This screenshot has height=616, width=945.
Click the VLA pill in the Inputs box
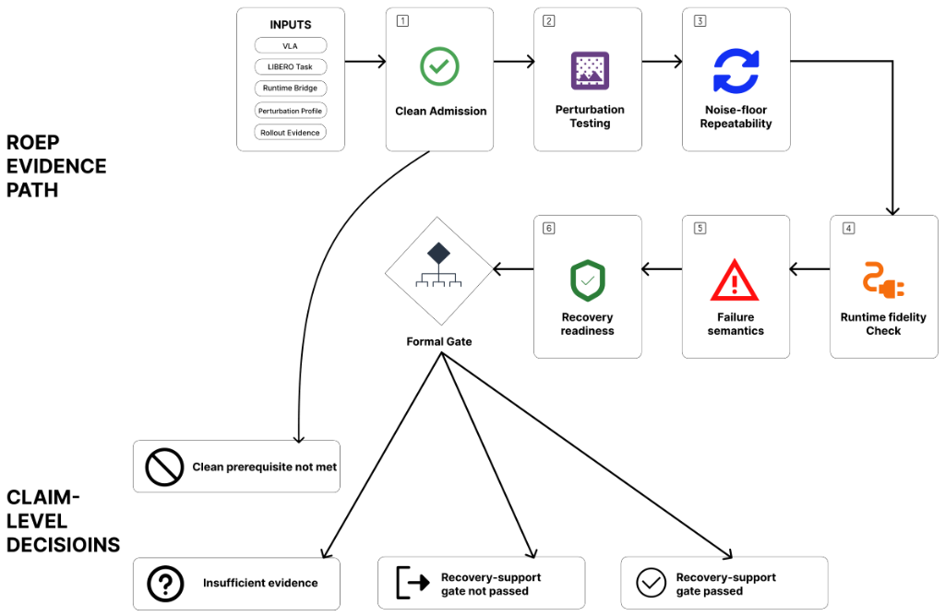[x=291, y=46]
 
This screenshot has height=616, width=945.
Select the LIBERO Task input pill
[x=291, y=66]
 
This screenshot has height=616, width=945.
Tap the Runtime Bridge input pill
[x=291, y=88]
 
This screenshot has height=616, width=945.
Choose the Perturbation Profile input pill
[x=291, y=111]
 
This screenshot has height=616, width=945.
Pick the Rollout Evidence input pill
[x=291, y=133]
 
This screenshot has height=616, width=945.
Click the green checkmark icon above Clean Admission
[x=439, y=66]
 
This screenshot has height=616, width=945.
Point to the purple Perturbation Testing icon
[x=590, y=70]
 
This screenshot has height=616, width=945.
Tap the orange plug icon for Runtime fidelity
[x=883, y=280]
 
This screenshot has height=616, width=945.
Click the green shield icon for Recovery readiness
[x=588, y=280]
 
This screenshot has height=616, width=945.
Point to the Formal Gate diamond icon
[x=438, y=271]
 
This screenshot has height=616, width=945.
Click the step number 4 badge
[x=849, y=228]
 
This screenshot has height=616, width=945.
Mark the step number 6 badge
[x=549, y=228]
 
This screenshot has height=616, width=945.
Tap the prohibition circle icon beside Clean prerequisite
[x=164, y=467]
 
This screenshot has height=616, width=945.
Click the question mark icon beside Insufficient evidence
[x=165, y=584]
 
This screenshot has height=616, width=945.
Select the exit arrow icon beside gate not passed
[x=413, y=582]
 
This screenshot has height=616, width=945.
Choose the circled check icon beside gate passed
[x=651, y=582]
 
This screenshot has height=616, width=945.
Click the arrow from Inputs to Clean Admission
[x=365, y=62]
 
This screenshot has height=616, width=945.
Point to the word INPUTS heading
[x=291, y=25]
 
